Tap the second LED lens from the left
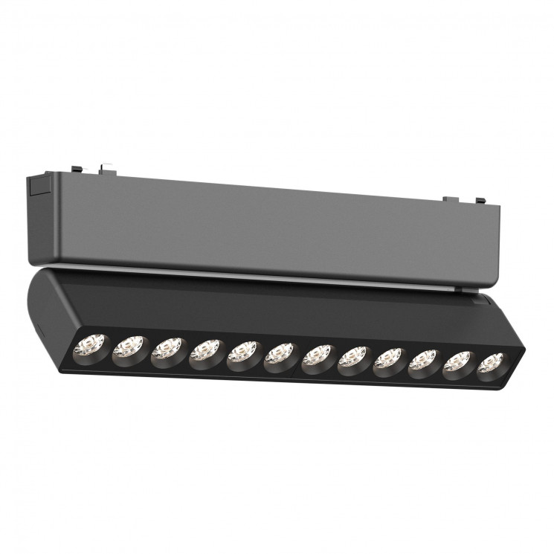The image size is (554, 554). tap(128, 347)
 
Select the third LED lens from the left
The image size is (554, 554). tap(167, 350)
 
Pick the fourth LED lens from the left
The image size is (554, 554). tap(205, 353)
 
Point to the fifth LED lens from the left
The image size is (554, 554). tap(243, 355)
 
